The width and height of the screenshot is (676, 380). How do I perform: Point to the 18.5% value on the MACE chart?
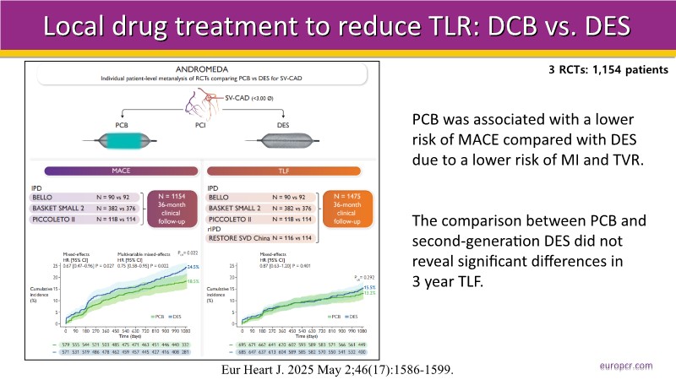click(180, 280)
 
